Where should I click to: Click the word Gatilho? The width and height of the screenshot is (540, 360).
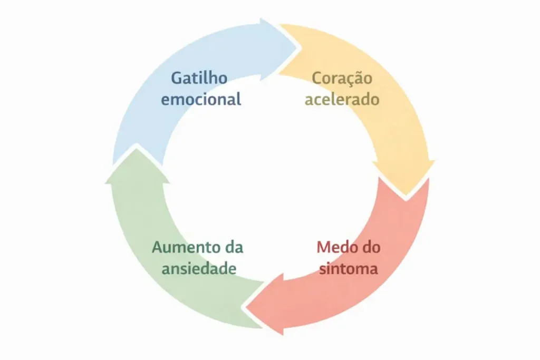coord(199,79)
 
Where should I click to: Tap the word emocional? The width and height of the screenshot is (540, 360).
coord(201,99)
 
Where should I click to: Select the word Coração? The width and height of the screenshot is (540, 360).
coord(342,79)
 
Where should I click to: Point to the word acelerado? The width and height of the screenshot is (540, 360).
coord(342,99)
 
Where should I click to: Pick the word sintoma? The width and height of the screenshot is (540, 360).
coord(348,268)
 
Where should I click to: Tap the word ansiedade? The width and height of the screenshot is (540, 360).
coord(198,268)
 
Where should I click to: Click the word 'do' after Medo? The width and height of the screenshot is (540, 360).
coord(371,247)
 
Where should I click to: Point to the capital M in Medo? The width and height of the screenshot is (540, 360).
coord(324,247)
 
